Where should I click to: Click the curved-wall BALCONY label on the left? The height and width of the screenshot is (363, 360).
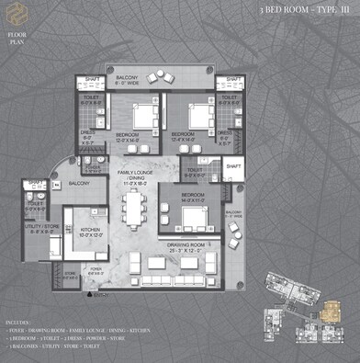tap(78, 184)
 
